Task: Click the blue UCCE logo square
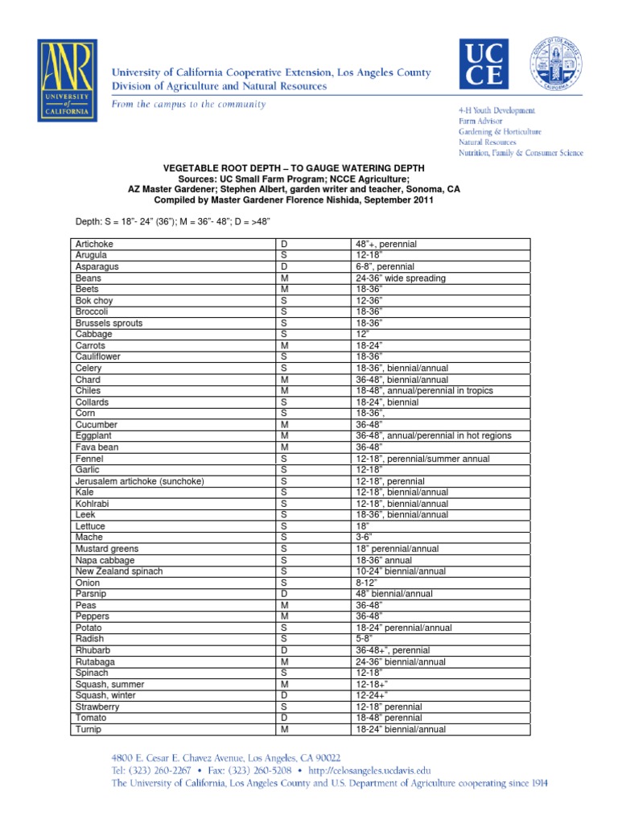pos(483,65)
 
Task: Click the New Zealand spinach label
pos(119,571)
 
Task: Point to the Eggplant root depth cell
pos(433,435)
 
